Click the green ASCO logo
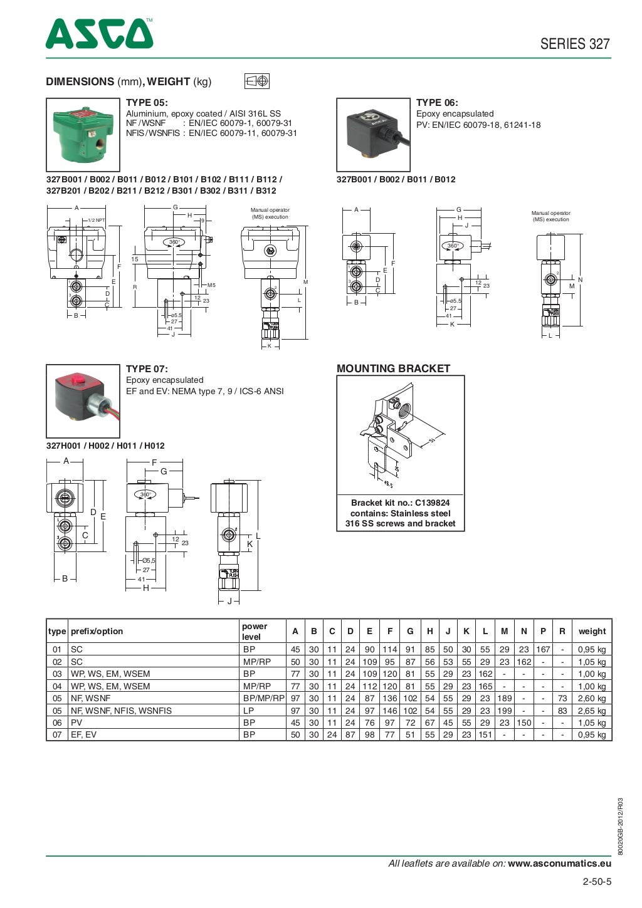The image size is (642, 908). point(99,34)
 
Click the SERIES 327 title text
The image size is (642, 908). point(574,43)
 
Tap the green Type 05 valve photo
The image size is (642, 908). point(83,134)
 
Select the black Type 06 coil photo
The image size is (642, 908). point(373,134)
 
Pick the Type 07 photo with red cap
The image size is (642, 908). point(83,400)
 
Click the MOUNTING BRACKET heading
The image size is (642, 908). point(393,368)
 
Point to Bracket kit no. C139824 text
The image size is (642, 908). point(400,503)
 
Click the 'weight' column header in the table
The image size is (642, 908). point(592,631)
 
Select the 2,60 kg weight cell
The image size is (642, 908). point(592,698)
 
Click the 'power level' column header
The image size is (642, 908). point(255,631)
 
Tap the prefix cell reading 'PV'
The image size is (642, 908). point(76,723)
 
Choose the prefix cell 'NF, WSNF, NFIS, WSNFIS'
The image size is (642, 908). point(121,711)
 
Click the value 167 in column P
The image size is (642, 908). point(542,650)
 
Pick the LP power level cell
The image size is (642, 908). point(249,711)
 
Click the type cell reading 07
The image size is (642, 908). point(57,734)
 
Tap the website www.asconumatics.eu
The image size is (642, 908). point(559,864)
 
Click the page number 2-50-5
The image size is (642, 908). point(596,882)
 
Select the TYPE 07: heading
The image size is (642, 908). point(147,369)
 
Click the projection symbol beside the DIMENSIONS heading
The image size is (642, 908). point(257,81)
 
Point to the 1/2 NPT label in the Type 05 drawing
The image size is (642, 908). point(96,220)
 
